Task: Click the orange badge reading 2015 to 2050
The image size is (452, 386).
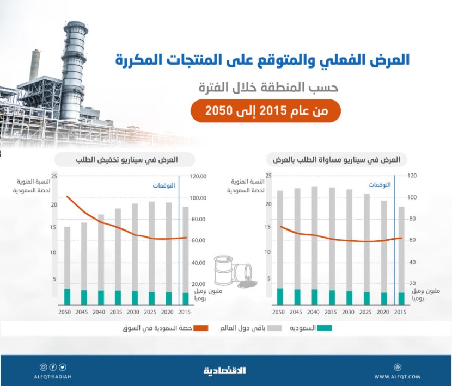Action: point(265,111)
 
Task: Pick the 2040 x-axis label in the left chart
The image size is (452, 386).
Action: point(100,312)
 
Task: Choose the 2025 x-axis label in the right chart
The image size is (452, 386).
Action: point(367,312)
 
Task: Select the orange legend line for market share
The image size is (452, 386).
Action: point(201,328)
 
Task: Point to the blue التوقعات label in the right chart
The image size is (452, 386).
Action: point(380,185)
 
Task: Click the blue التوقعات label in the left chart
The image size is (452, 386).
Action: point(163,185)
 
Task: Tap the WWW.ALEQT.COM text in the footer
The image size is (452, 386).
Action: point(397,377)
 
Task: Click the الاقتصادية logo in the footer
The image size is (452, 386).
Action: point(225,371)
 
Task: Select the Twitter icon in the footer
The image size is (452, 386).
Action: point(63,367)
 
